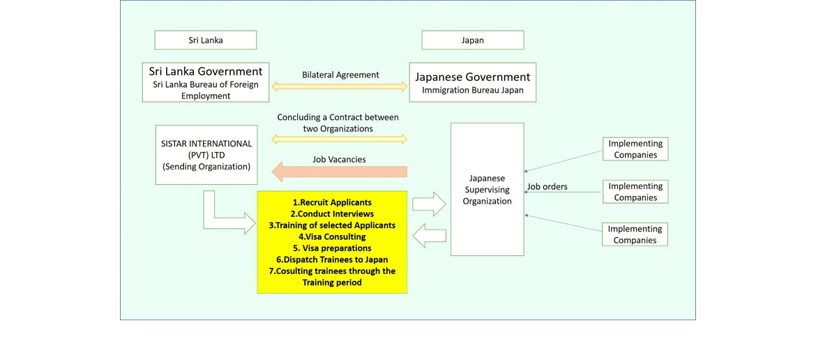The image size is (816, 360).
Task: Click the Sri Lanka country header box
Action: click(x=206, y=40)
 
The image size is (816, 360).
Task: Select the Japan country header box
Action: click(x=472, y=40)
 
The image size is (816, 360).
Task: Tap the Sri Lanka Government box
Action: click(x=206, y=82)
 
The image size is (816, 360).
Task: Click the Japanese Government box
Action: click(x=472, y=82)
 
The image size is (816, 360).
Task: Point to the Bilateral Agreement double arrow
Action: click(x=340, y=87)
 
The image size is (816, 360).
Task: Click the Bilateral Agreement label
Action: click(x=340, y=75)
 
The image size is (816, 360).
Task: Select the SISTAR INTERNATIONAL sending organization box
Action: click(x=206, y=155)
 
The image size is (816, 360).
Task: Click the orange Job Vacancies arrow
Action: click(x=340, y=172)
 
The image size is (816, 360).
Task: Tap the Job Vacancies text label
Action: click(x=339, y=159)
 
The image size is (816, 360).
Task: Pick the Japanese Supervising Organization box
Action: click(x=487, y=190)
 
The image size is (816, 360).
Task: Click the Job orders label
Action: click(x=547, y=186)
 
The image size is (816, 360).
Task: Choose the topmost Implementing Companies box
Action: click(x=635, y=149)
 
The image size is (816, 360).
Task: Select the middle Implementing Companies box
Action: click(x=635, y=192)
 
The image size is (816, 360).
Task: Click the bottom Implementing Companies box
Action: click(x=634, y=234)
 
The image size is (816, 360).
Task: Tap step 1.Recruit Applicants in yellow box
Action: click(x=332, y=202)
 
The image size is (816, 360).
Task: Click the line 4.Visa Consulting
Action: click(x=332, y=237)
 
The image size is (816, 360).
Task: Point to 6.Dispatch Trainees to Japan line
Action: click(x=332, y=260)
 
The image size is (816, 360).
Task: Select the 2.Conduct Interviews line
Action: click(x=332, y=213)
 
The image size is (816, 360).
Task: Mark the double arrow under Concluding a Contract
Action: click(x=340, y=140)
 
